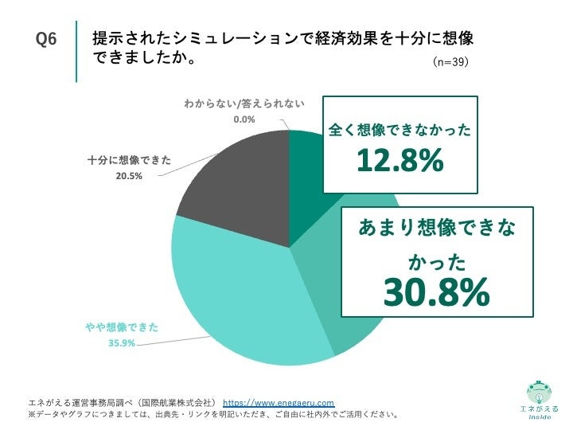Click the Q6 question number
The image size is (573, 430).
pyautogui.click(x=47, y=41)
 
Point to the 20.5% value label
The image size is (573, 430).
pyautogui.click(x=128, y=176)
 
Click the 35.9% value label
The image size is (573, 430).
pyautogui.click(x=122, y=343)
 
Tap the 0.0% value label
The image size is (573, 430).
pyautogui.click(x=244, y=119)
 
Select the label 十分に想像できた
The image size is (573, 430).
pyautogui.click(x=129, y=160)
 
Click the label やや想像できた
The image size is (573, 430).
pyautogui.click(x=123, y=327)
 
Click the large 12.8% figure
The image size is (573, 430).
pyautogui.click(x=400, y=161)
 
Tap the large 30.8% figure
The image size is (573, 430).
pyautogui.click(x=436, y=293)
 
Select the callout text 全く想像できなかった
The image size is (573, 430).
pyautogui.click(x=400, y=129)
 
